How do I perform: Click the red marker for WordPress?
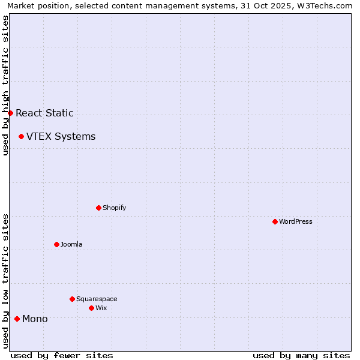click(275, 221)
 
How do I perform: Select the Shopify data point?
click(98, 208)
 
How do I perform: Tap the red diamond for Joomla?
click(56, 244)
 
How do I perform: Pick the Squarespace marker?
click(72, 299)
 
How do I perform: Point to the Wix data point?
click(91, 308)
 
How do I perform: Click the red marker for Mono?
click(17, 319)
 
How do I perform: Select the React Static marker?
click(10, 113)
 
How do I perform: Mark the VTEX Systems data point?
click(21, 136)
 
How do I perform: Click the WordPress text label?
click(296, 221)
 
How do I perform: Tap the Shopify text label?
click(114, 208)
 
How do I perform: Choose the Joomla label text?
click(71, 244)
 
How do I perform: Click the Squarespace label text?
click(97, 299)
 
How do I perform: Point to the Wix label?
click(101, 308)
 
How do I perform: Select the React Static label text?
click(44, 113)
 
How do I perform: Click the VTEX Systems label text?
click(61, 136)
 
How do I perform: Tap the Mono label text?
click(35, 319)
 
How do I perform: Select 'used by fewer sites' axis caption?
click(62, 355)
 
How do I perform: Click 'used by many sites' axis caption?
click(301, 355)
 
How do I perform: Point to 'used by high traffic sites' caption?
click(5, 85)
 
